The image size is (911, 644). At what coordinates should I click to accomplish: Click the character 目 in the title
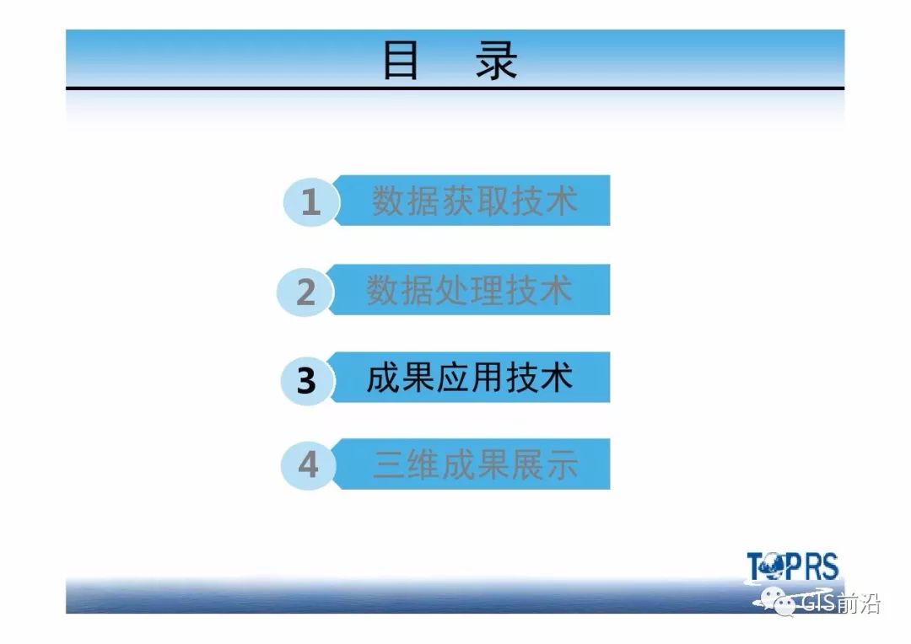coord(401,60)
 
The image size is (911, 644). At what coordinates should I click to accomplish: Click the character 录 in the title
coord(497,60)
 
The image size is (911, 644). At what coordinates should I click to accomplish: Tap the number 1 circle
coord(310,201)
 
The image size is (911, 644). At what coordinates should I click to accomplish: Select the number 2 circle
coord(305,292)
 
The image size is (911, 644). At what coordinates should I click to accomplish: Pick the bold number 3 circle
coord(307,380)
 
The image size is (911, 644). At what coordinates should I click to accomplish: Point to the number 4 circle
coord(308,464)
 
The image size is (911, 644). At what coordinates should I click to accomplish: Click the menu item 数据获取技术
coord(475,201)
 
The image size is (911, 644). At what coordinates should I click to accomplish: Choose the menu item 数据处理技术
coord(470,290)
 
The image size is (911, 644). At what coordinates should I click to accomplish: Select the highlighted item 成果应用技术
coord(470,378)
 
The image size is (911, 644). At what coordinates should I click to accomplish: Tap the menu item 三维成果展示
coord(475,464)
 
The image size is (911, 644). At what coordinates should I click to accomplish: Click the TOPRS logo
coord(792,566)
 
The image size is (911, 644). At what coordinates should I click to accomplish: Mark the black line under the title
coord(455,89)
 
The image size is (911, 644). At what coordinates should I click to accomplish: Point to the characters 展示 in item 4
coord(544,464)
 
